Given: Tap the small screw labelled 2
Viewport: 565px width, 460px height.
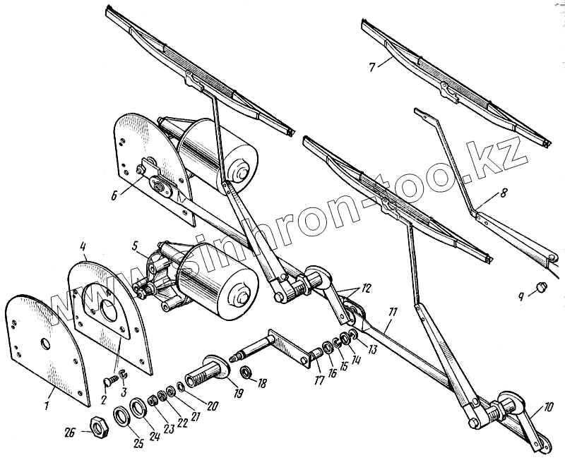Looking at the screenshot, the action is [108, 380].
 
